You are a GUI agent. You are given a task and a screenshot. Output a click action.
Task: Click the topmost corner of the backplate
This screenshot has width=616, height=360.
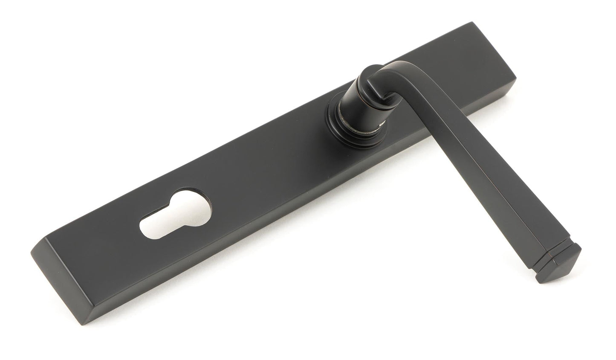[472, 22]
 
